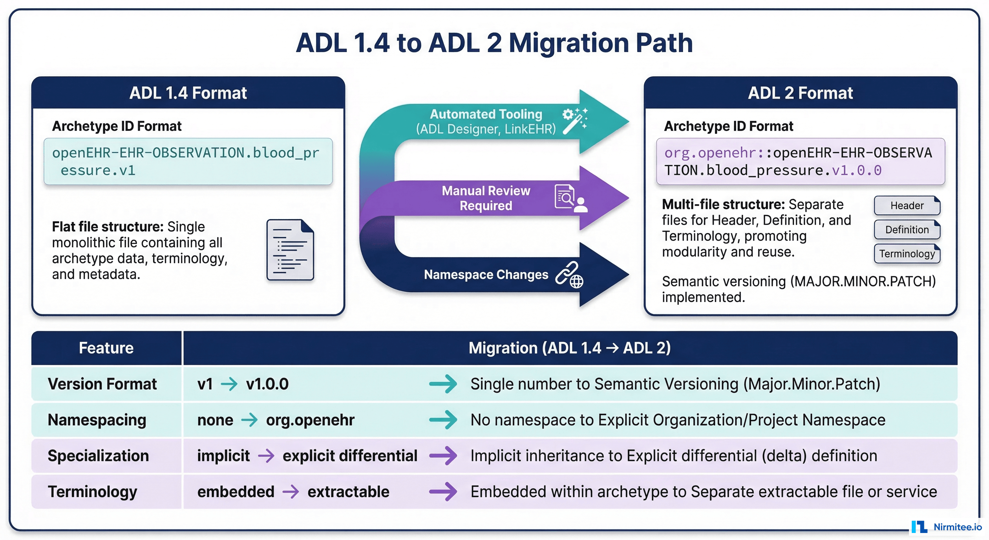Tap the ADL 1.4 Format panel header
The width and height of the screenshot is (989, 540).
tap(188, 93)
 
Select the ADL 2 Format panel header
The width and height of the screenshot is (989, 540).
tap(800, 93)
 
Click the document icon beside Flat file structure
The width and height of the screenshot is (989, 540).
tap(290, 250)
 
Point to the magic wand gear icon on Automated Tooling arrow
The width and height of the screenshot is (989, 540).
tap(575, 121)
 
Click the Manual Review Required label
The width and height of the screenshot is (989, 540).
tap(486, 198)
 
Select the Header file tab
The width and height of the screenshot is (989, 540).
tap(907, 206)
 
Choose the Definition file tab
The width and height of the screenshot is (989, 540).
tap(907, 230)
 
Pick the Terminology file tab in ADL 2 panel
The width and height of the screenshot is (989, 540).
tap(907, 254)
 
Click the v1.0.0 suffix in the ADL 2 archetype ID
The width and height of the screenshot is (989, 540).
tap(857, 170)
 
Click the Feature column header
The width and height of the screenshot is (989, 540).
tap(106, 348)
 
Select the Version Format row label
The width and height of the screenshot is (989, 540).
tap(102, 384)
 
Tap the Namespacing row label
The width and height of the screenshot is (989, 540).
tap(97, 420)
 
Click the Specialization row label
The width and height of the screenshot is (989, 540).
tap(98, 456)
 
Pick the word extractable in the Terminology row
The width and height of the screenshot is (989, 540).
tap(348, 491)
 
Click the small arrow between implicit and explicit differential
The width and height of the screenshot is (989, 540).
tap(266, 456)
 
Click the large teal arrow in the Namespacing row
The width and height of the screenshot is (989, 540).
tap(443, 420)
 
